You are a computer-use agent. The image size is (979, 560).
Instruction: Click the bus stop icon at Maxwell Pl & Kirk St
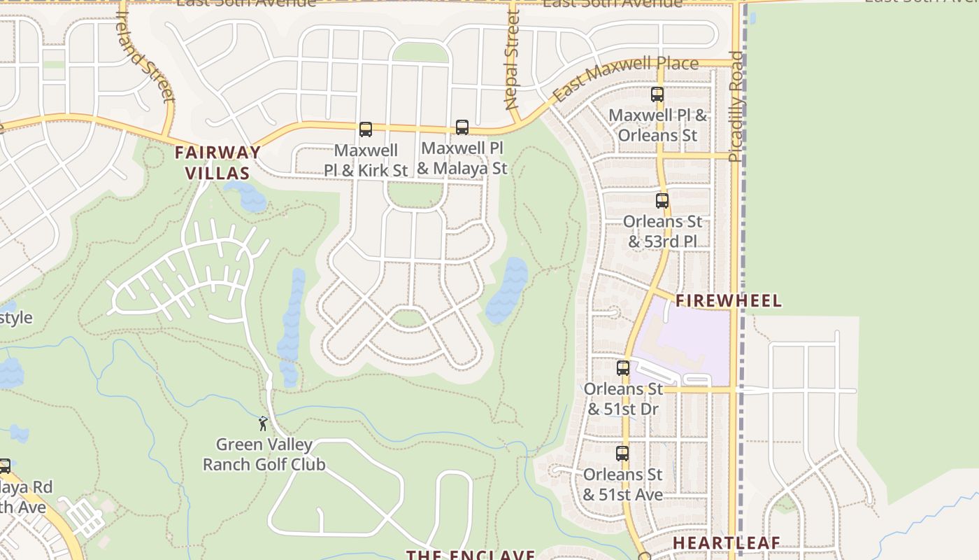click(x=366, y=129)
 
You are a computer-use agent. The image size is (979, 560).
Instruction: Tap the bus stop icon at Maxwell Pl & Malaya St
click(x=462, y=127)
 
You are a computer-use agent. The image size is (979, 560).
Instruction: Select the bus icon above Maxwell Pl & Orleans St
click(x=657, y=94)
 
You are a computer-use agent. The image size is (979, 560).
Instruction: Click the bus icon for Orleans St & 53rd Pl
click(x=662, y=201)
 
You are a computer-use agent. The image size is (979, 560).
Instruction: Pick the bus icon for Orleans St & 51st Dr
click(x=623, y=368)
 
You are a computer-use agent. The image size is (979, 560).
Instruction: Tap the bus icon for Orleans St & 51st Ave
click(x=622, y=454)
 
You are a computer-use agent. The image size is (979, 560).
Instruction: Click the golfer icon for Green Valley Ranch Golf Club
click(x=263, y=423)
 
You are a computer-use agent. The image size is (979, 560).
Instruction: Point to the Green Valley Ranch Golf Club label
click(x=264, y=454)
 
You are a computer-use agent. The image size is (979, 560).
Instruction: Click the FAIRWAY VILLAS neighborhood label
click(x=217, y=162)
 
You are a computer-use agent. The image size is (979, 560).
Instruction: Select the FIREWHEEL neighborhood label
click(x=728, y=301)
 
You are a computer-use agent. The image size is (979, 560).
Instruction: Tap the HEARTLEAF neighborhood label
click(x=727, y=543)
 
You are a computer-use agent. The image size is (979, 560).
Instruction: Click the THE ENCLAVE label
click(x=471, y=554)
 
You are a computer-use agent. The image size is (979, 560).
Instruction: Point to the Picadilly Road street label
click(x=736, y=106)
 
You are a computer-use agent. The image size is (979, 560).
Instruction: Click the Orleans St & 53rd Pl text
click(x=662, y=232)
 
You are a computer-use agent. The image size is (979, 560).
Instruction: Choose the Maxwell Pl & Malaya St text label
click(x=462, y=158)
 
